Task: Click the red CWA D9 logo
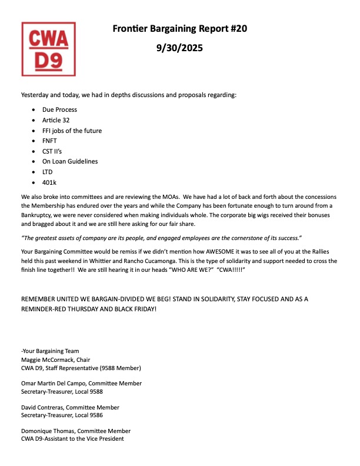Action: click(49, 49)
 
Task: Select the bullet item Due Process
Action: click(59, 109)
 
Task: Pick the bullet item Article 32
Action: click(56, 120)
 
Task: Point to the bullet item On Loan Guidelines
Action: click(69, 161)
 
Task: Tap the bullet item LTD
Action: click(48, 172)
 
